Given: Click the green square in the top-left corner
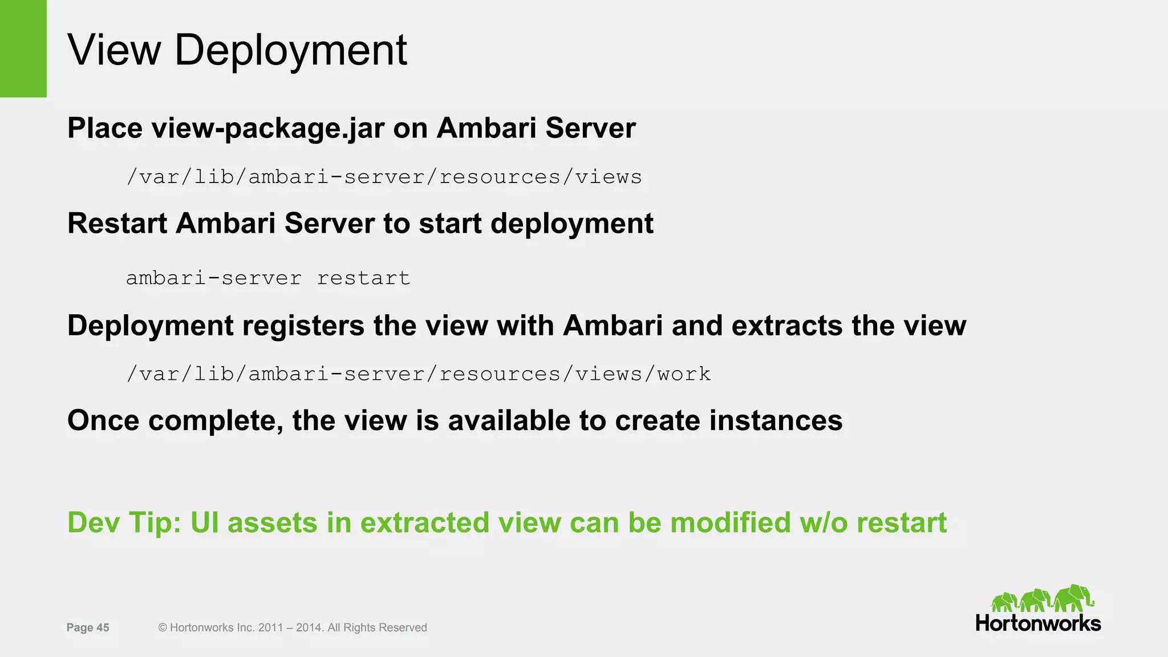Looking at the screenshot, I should pos(23,48).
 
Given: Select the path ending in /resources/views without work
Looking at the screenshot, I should pos(384,177).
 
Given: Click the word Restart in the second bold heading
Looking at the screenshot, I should pos(117,223).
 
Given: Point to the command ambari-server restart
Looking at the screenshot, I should pos(267,278).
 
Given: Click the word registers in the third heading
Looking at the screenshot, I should pos(303,326).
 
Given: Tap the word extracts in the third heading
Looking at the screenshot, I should pos(786,326).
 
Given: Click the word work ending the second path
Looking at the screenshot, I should pos(684,374).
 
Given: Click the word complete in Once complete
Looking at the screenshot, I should pos(216,421).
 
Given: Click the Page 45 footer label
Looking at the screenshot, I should pos(88,628).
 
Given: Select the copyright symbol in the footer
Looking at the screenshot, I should pos(163,628).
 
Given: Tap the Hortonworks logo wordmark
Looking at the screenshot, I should pos(1038,623).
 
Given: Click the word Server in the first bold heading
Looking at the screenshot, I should pos(590,128).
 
